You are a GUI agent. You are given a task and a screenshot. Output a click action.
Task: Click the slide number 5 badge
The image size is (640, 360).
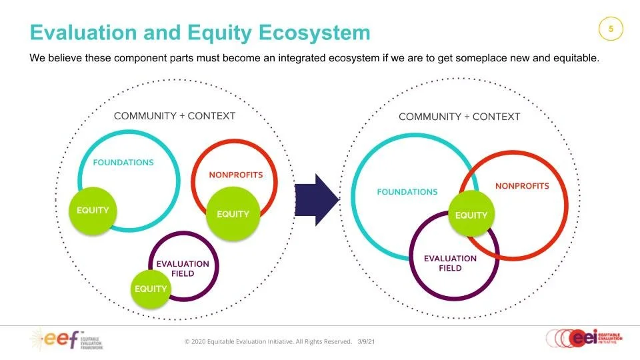point(611,29)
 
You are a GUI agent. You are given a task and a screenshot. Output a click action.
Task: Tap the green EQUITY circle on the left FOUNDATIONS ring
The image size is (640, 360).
point(93,210)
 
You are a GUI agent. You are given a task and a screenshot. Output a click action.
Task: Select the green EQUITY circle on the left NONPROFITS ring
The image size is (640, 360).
point(233,214)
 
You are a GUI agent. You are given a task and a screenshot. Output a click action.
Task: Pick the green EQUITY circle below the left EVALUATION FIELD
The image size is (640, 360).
point(151,289)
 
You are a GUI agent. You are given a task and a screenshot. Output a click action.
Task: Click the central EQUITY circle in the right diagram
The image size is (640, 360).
point(471,215)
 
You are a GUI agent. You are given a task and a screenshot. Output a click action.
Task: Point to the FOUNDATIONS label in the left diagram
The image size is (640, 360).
point(123,163)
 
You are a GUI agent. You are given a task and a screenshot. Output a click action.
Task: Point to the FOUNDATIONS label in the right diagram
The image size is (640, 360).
point(407,192)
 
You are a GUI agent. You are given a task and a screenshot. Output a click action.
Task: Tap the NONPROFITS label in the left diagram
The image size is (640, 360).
point(236,175)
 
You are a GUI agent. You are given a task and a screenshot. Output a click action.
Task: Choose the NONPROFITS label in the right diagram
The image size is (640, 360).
point(522,186)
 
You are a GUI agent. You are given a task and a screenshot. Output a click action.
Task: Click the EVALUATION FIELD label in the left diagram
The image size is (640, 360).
point(183,268)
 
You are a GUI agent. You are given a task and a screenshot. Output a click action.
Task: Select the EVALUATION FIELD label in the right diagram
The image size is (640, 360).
point(450,263)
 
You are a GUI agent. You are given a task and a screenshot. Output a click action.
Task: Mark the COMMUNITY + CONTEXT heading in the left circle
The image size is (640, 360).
point(175,116)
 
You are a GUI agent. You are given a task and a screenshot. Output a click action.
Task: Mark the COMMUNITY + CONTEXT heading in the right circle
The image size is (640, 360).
point(459,117)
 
